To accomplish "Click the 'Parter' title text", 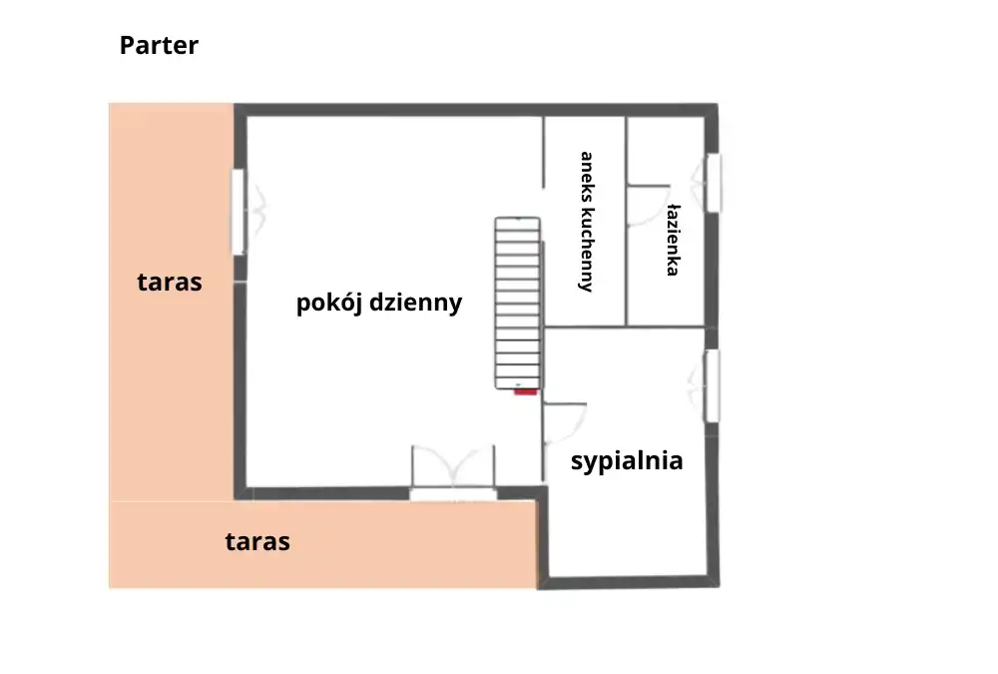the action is (159, 46).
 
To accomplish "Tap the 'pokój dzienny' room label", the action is (379, 303).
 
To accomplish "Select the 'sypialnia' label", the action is (627, 461).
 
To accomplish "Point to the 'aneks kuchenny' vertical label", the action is (586, 222).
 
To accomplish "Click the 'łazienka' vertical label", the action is (674, 241).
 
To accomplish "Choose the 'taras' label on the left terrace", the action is (170, 282).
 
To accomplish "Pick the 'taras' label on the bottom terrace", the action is (257, 541).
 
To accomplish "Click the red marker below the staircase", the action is (526, 391).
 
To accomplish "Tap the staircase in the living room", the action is (518, 304).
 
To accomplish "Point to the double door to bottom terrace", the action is (453, 471).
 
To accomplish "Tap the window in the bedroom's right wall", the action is (713, 385).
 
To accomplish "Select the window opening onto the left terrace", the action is (239, 212).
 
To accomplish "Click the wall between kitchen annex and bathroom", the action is (627, 221).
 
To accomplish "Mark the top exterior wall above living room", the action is (476, 110).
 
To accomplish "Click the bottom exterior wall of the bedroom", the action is (629, 582).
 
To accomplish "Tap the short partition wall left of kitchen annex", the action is (544, 152).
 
